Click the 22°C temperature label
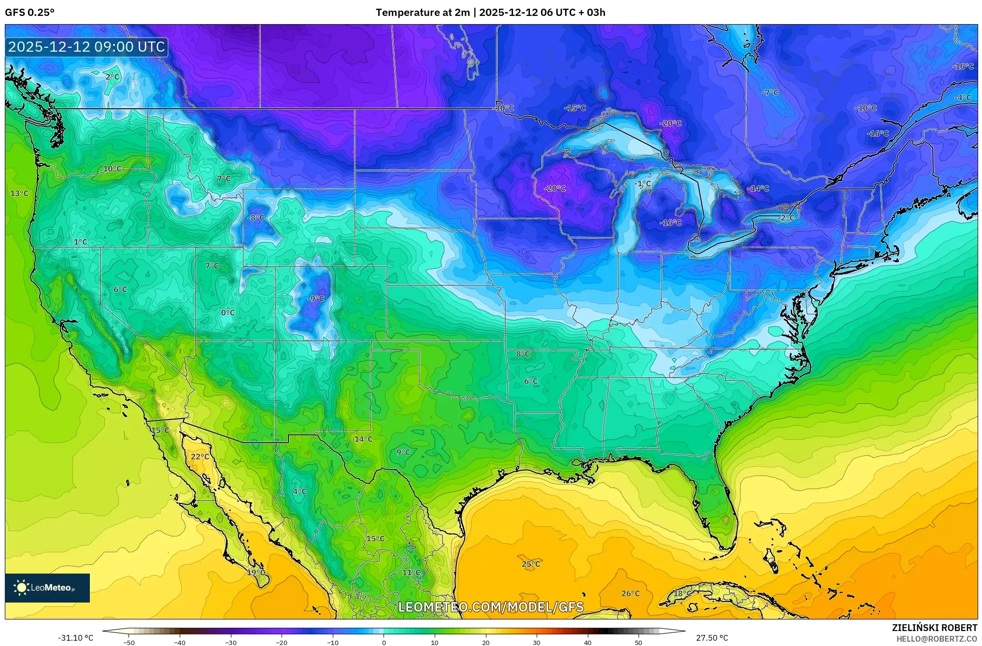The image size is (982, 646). tap(200, 456)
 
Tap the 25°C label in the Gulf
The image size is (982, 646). tap(531, 564)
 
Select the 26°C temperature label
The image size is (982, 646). tap(630, 593)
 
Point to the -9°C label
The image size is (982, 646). tap(315, 298)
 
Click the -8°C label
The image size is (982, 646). tap(256, 218)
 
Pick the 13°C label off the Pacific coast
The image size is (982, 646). tap(19, 193)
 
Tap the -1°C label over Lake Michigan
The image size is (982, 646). tap(643, 183)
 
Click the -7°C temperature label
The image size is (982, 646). tap(770, 92)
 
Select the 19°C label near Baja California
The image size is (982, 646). tap(256, 572)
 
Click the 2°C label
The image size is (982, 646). tap(112, 76)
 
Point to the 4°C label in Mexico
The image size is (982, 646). tap(299, 491)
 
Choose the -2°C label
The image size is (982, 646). tap(786, 218)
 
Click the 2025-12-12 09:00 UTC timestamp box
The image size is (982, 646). tap(86, 47)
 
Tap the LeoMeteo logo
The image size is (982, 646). tap(47, 588)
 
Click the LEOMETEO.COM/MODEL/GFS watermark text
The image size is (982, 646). tap(491, 607)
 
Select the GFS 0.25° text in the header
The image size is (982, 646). tap(29, 13)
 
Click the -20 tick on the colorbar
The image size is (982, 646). tap(282, 642)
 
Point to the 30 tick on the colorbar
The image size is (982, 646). tap(537, 642)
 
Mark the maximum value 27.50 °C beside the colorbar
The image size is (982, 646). tap(712, 638)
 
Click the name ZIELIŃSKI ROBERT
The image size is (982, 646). tap(934, 628)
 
